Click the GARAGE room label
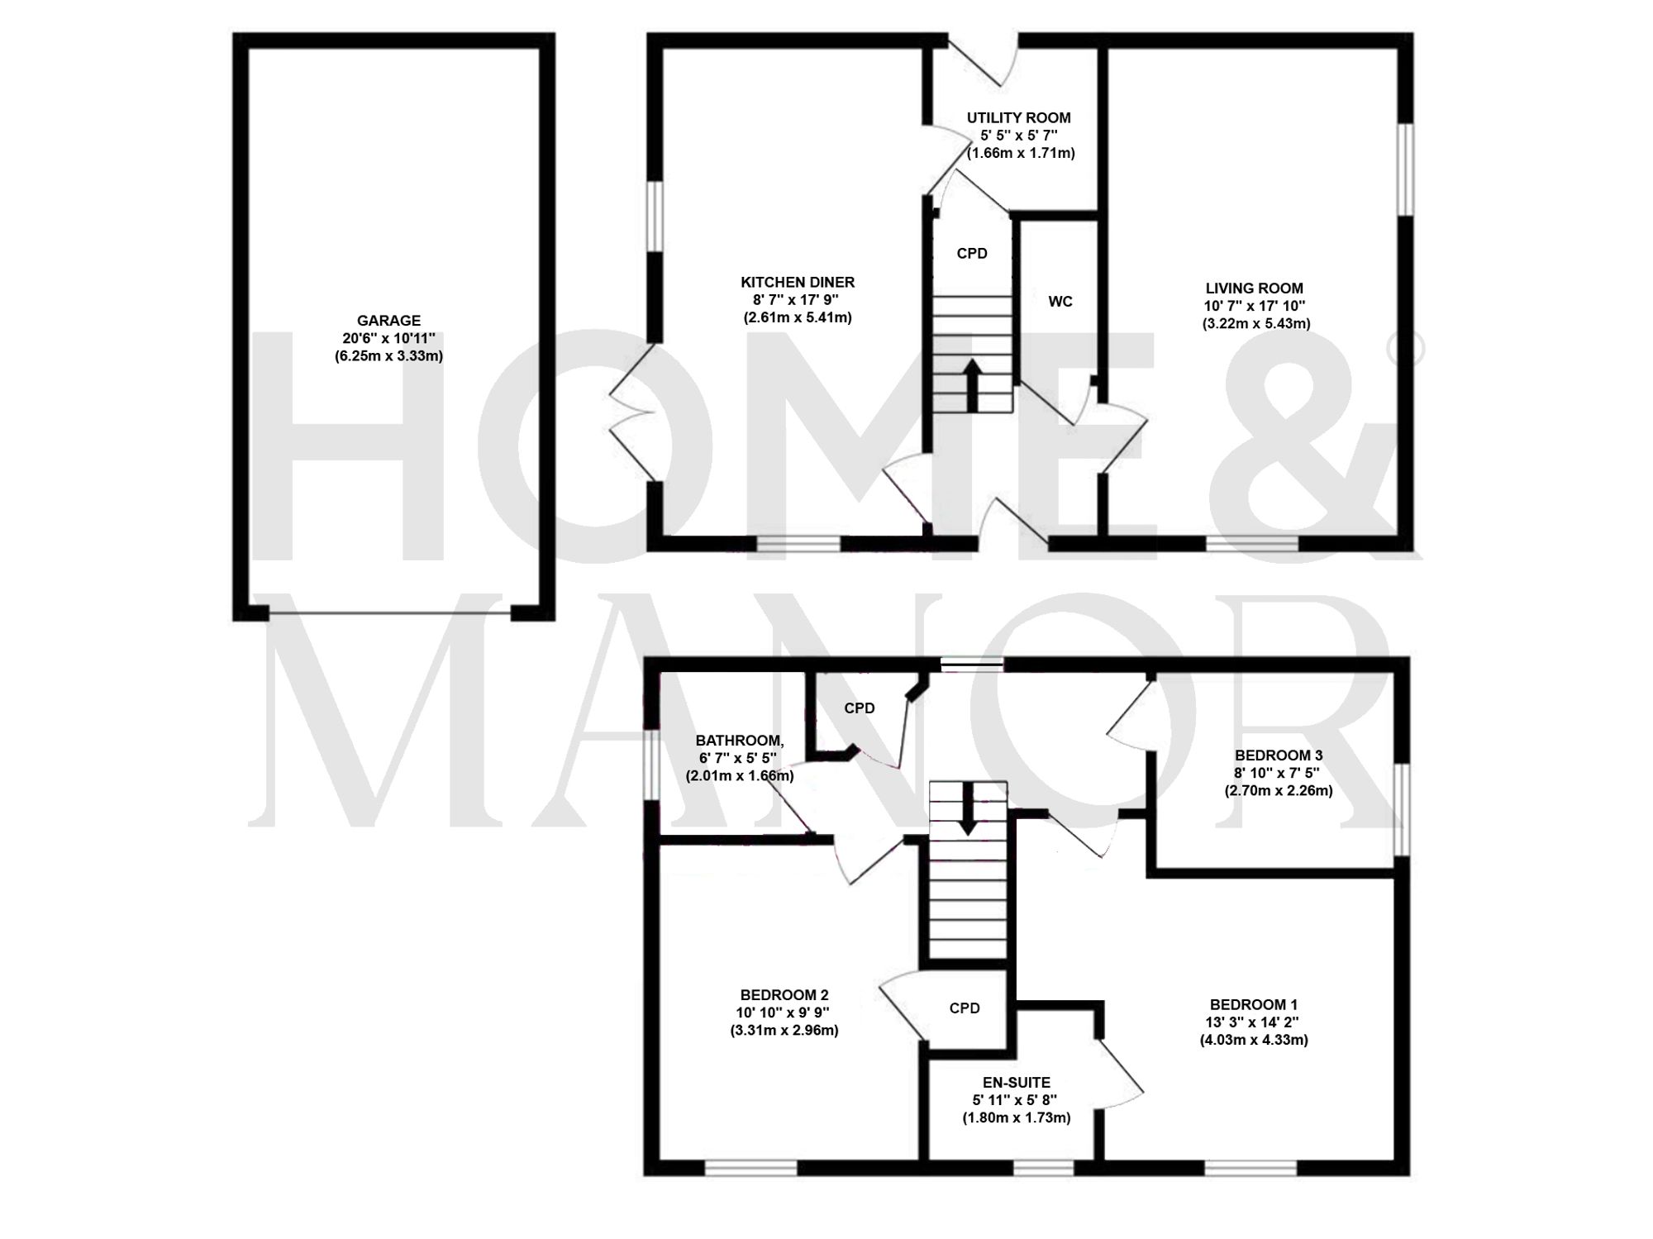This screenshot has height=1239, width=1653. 388,321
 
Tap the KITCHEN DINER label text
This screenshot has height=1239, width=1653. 797,283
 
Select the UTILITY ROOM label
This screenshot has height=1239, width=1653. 1018,118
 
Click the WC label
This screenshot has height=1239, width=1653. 1060,302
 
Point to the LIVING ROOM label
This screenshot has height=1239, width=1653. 1254,288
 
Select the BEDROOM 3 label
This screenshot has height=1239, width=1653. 1278,755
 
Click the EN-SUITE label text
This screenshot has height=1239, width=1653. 1016,1083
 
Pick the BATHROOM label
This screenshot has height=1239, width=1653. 739,741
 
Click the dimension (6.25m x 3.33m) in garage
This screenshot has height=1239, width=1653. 388,357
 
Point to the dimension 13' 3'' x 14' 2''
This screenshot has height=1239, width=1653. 1254,1023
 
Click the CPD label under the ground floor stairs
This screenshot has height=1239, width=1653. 972,254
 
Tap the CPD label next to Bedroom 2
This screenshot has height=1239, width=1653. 965,1008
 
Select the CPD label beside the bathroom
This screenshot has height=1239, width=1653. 859,708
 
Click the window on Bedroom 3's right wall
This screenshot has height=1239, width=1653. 1402,808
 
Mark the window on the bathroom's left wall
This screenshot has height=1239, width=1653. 652,765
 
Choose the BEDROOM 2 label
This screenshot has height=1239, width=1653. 784,995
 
